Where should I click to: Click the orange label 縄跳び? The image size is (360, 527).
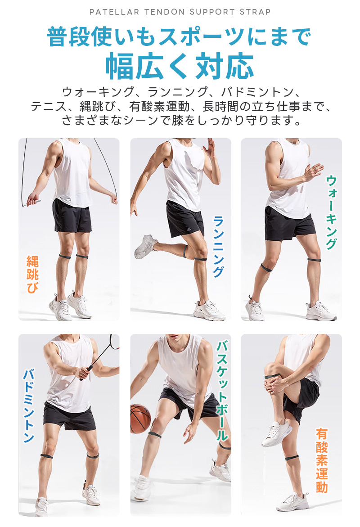point(32,275)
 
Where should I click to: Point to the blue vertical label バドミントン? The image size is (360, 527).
point(29,406)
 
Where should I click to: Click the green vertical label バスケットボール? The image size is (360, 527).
point(222,391)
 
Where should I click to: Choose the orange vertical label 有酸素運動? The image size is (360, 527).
point(321,460)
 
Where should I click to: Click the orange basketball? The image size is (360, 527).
point(140,419)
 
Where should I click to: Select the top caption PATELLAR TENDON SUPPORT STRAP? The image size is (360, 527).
point(180,12)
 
